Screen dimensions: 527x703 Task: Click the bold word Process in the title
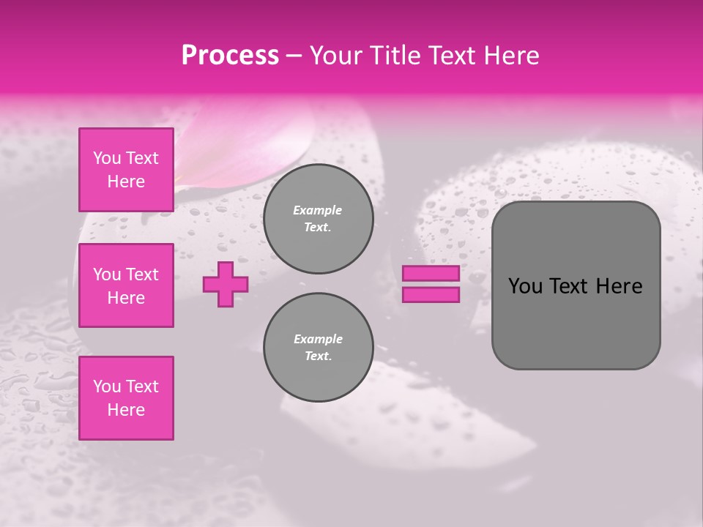[x=230, y=56]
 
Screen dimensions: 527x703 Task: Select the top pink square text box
[x=126, y=170]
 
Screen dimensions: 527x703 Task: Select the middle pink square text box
[x=126, y=285]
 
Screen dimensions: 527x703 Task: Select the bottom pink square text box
[x=126, y=397]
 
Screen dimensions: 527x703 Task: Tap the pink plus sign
[x=225, y=284]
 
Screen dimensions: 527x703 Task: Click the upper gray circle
[x=318, y=219]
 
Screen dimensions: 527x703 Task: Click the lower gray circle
[x=318, y=347]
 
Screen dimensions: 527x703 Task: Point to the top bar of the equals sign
[x=431, y=273]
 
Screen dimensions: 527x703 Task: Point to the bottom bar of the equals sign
[x=431, y=295]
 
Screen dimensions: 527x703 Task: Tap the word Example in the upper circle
[x=318, y=210]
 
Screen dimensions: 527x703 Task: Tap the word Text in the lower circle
[x=317, y=356]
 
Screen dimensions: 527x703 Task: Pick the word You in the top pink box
[x=106, y=158]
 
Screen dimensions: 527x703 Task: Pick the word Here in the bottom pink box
[x=126, y=410]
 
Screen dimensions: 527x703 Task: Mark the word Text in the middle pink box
[x=141, y=274]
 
